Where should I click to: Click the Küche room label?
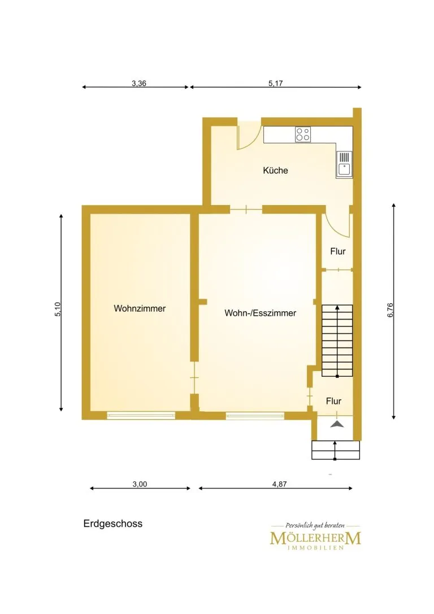[x=275, y=171]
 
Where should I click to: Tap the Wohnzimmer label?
[x=140, y=308]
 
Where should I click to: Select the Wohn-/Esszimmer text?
[x=260, y=313]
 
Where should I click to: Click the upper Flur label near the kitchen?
[x=337, y=251]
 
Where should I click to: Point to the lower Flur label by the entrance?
[x=334, y=401]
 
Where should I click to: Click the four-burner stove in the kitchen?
[x=303, y=134]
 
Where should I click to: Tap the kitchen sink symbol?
[x=344, y=164]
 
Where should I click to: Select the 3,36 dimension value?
[x=138, y=83]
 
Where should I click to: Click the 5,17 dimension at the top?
[x=275, y=83]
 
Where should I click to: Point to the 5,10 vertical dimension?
[x=58, y=310]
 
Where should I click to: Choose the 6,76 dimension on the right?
[x=390, y=310]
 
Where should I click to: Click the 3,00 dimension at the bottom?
[x=140, y=484]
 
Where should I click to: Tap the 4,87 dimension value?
[x=279, y=484]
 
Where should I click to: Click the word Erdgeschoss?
[x=113, y=524]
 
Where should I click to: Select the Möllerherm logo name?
[x=315, y=538]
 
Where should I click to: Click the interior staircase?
[x=337, y=341]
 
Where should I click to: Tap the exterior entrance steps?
[x=336, y=450]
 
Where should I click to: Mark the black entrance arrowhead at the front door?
[x=336, y=424]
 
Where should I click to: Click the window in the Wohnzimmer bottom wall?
[x=141, y=416]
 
